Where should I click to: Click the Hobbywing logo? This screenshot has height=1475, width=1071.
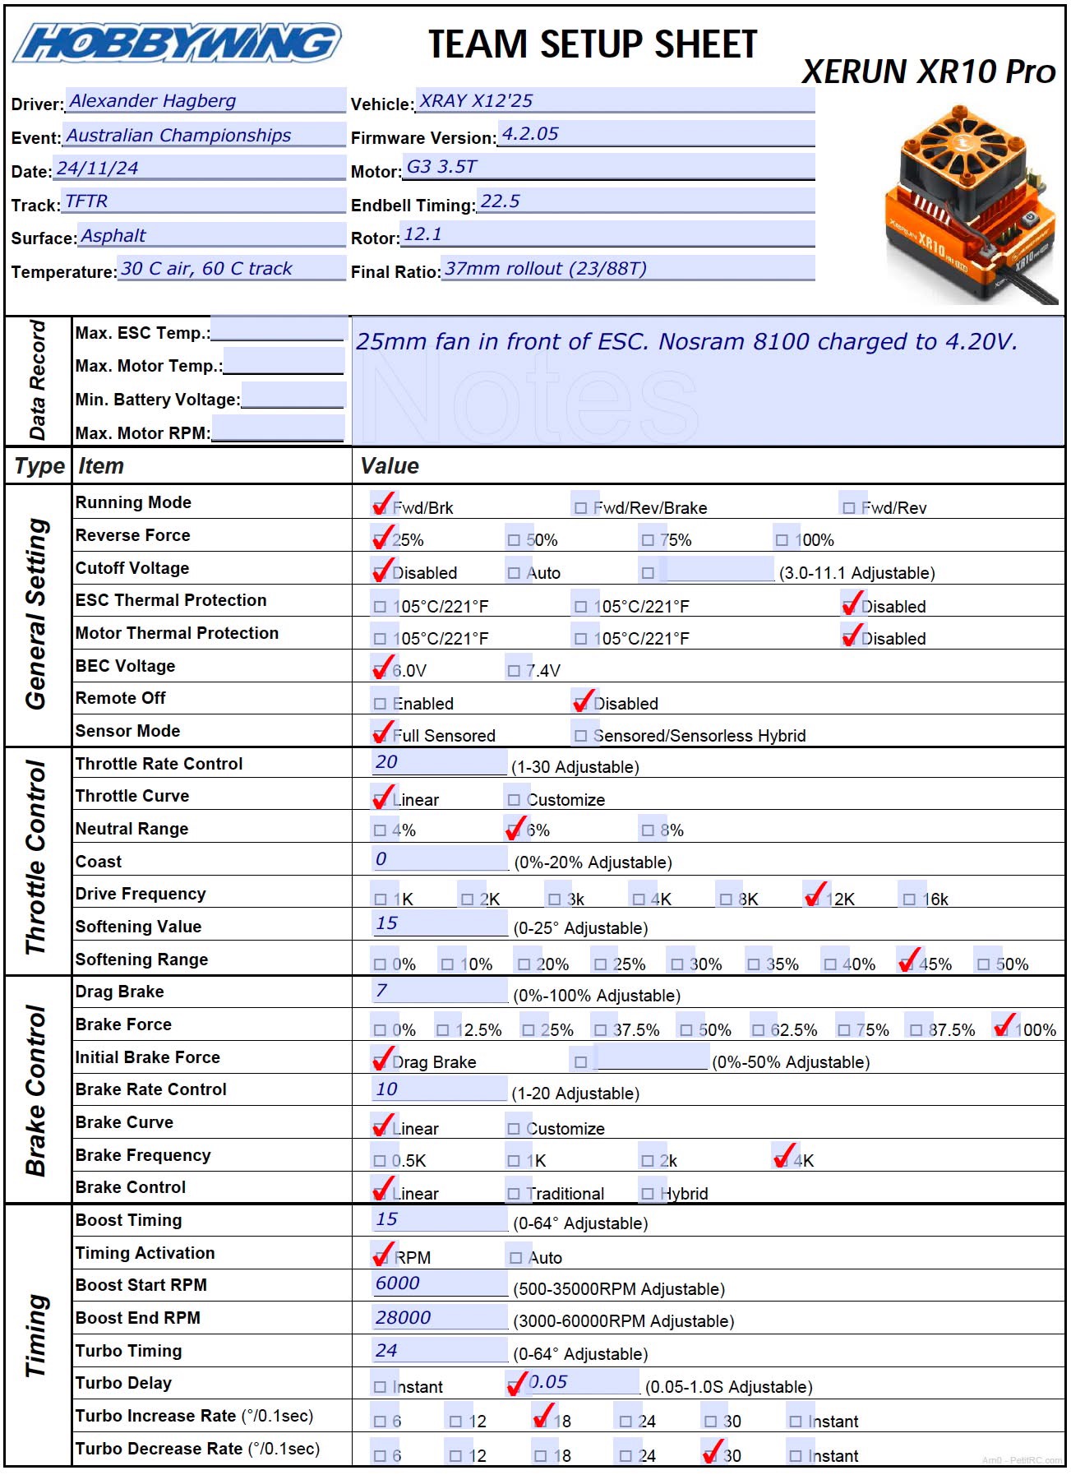pos(177,44)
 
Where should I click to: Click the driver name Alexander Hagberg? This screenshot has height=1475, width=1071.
pos(153,101)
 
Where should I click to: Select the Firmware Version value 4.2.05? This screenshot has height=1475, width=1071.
pos(530,134)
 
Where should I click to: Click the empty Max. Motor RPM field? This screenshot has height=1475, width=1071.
pos(277,429)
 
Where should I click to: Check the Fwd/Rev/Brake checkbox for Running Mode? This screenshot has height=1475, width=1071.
pos(581,508)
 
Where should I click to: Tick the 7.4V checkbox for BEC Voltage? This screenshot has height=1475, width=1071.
pos(514,671)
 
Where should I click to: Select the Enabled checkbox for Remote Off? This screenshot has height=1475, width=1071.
pos(380,704)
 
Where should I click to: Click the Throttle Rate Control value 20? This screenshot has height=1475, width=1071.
pos(386,762)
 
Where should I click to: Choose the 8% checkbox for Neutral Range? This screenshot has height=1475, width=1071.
pos(648,830)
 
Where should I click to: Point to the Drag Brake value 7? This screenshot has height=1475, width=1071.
pos(381,991)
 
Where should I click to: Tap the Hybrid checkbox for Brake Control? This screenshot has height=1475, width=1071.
pos(648,1194)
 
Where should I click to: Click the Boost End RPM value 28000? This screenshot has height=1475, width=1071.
pos(403,1318)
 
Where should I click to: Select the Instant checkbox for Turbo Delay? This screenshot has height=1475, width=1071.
pos(380,1387)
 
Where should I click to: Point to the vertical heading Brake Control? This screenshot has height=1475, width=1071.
pos(36,1090)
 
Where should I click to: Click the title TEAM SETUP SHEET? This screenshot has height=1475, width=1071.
pos(593,44)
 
